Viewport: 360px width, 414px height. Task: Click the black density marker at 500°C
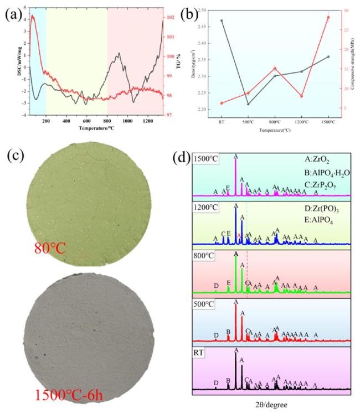248,104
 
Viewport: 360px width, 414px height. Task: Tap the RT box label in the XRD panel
200,351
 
